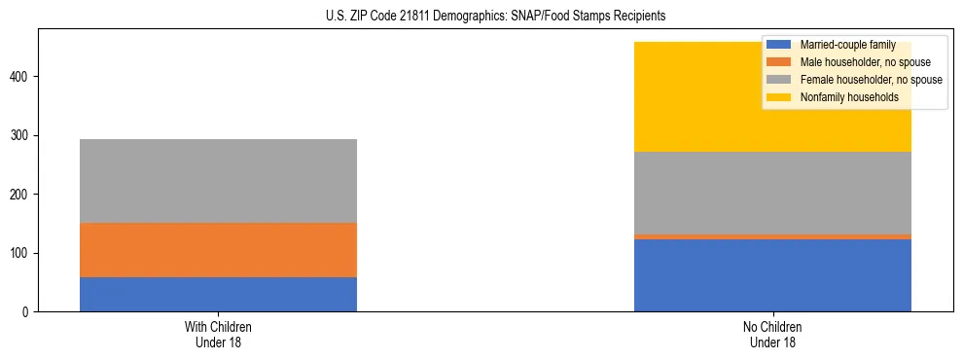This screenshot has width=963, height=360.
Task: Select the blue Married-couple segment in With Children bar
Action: click(218, 294)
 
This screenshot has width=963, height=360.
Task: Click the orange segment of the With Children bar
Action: click(218, 250)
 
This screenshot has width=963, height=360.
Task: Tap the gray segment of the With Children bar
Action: click(218, 181)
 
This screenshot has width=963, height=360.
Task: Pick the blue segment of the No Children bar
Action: click(772, 275)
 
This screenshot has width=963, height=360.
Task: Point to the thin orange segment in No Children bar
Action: click(772, 236)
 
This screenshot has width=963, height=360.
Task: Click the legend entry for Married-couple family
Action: click(847, 45)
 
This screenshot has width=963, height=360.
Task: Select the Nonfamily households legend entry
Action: click(849, 97)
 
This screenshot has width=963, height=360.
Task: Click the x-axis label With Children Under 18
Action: click(218, 335)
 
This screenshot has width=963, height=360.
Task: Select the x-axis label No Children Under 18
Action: click(772, 335)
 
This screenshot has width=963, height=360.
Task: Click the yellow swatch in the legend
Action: click(779, 97)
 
